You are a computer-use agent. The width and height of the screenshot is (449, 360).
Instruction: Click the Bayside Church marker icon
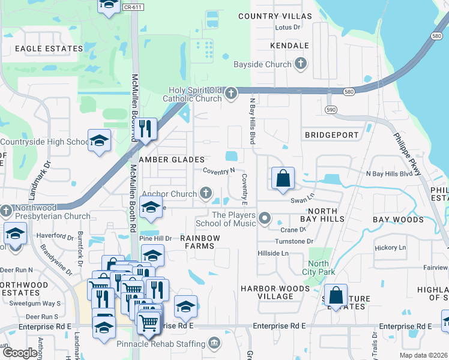tap(301, 64)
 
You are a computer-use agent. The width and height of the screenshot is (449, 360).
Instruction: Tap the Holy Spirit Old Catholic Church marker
tap(231, 93)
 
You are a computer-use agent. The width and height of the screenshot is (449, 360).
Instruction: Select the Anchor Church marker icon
tap(206, 193)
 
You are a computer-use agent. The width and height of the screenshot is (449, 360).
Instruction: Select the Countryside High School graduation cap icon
tap(99, 141)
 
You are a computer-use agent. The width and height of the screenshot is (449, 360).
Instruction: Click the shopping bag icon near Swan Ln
tap(283, 178)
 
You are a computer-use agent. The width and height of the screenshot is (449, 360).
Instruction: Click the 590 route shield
tap(331, 110)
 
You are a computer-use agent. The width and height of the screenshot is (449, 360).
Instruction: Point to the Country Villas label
tap(275, 16)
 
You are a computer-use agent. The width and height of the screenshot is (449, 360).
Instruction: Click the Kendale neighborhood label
tap(289, 46)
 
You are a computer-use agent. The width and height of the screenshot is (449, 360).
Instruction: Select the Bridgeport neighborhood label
tap(331, 135)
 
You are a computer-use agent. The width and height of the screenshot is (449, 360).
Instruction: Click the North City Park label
tap(318, 268)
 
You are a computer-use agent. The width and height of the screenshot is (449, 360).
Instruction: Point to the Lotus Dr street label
tap(287, 28)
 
